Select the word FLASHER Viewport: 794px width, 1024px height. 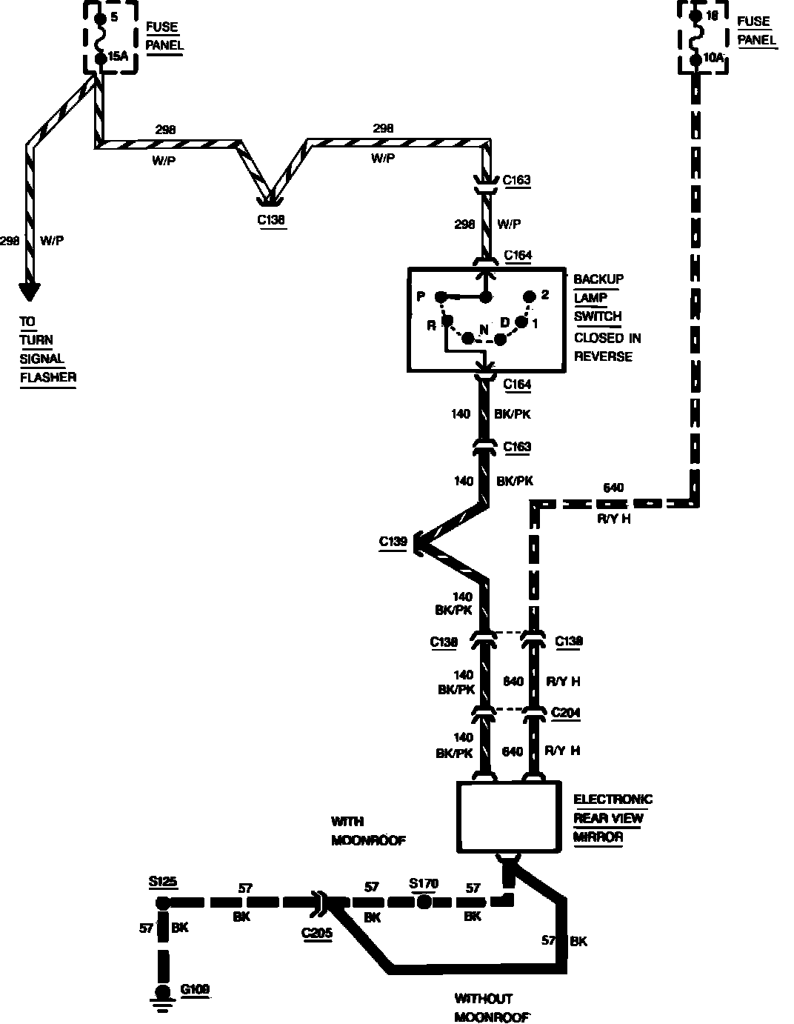point(48,377)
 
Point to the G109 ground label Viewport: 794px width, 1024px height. point(195,989)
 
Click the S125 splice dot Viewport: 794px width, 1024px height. point(162,902)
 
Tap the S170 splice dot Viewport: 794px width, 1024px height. point(424,902)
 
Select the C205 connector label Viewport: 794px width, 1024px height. point(316,934)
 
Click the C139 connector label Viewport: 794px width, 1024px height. point(393,542)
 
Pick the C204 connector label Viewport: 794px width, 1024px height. point(566,713)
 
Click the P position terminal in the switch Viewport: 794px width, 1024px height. point(440,297)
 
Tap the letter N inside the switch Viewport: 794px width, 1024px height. point(484,329)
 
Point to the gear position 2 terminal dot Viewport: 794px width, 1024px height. point(529,296)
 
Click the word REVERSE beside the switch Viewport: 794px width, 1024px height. point(604,356)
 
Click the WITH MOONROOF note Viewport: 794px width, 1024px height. point(368,831)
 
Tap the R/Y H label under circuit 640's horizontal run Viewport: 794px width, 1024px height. point(614,519)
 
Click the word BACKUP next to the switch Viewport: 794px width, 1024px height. point(598,279)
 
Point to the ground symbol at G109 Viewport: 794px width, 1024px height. point(162,995)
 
